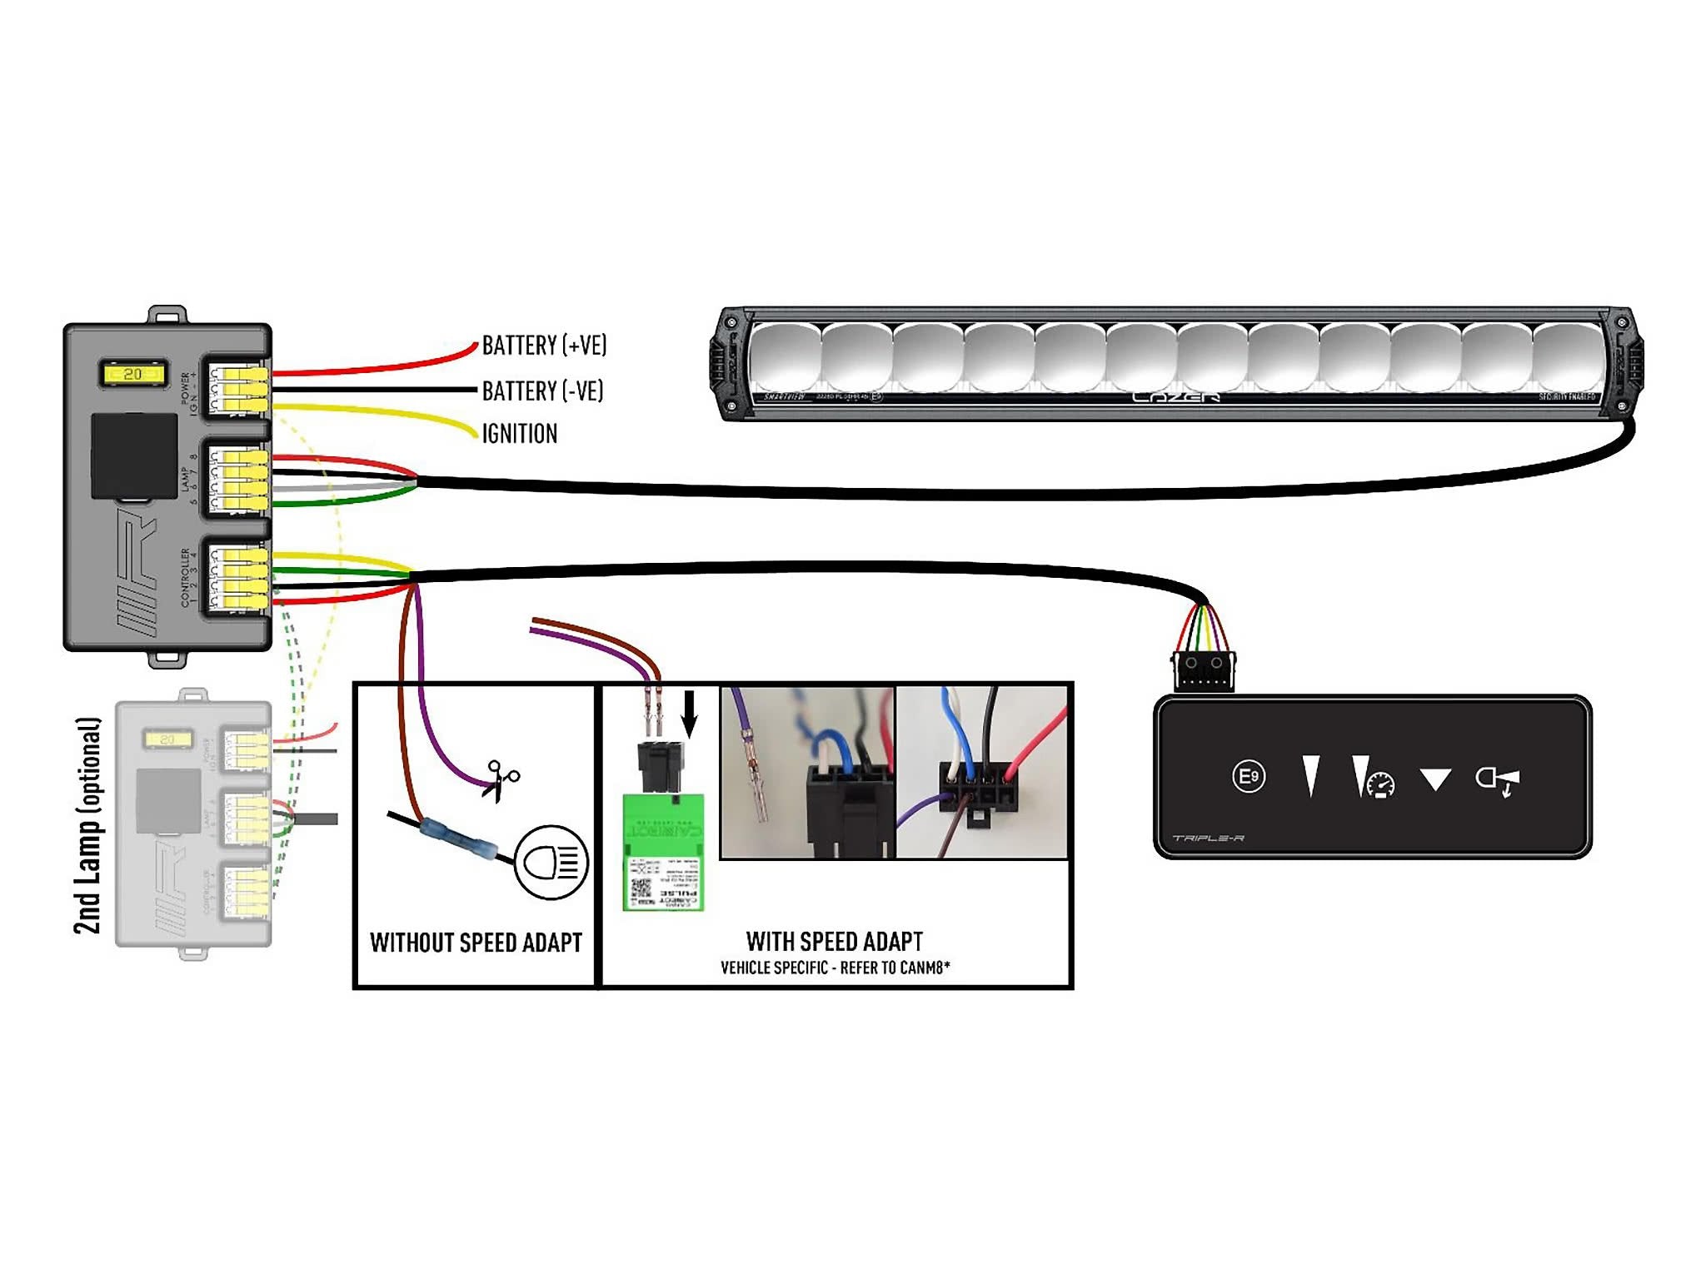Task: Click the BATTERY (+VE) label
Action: (544, 346)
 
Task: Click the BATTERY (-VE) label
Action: (542, 391)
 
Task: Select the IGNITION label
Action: (520, 434)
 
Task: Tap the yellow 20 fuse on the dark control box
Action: (132, 374)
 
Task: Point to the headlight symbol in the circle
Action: (551, 862)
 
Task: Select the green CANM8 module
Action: (664, 852)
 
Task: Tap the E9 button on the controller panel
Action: (1248, 777)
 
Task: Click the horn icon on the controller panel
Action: (1497, 781)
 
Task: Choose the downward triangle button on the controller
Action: (1435, 780)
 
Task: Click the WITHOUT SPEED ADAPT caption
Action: (476, 943)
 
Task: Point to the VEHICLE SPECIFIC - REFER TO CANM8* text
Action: (835, 968)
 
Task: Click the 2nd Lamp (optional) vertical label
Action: (88, 825)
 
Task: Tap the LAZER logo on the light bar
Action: (1175, 397)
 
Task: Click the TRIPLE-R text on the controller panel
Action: (1208, 838)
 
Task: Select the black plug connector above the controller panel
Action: (1204, 671)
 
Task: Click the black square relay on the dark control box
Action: (133, 455)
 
